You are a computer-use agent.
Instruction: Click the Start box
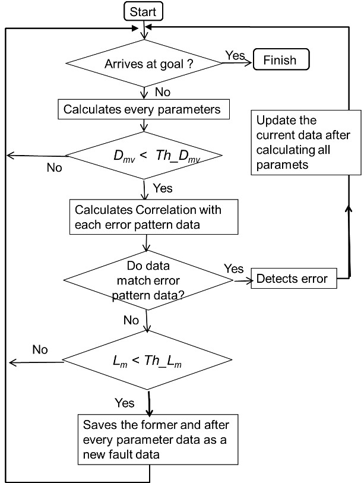[143, 11]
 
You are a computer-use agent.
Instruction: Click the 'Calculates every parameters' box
[143, 109]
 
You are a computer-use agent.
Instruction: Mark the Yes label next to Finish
[235, 55]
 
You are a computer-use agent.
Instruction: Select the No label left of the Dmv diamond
[54, 168]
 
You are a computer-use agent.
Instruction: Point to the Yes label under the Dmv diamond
[163, 188]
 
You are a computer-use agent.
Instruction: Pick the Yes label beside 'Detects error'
[234, 269]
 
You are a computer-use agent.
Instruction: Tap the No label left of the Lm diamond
[40, 349]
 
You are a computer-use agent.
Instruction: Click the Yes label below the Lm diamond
[125, 403]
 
